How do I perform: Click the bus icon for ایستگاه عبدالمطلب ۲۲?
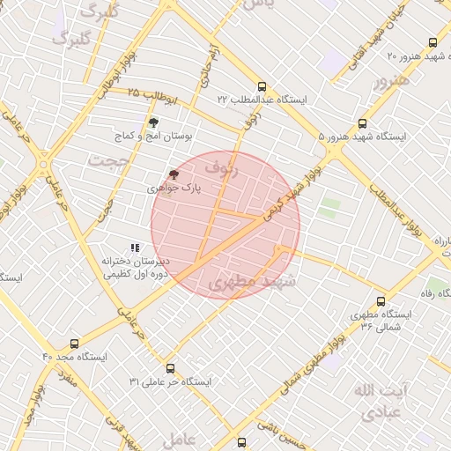coord(262,85)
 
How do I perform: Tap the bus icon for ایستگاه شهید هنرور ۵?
coord(363,123)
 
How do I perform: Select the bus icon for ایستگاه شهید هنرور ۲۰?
coord(432,42)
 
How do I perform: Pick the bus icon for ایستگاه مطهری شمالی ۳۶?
coord(381,300)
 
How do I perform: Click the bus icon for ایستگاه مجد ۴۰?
coord(74,344)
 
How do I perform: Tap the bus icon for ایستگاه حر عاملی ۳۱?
coord(170,368)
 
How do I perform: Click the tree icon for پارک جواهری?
coord(174,175)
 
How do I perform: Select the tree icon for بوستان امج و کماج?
coord(153,123)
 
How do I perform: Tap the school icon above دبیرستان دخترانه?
coord(134,248)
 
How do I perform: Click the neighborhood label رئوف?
coord(221,166)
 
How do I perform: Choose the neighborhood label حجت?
coord(107,159)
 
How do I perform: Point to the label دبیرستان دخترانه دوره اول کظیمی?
coord(134,268)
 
